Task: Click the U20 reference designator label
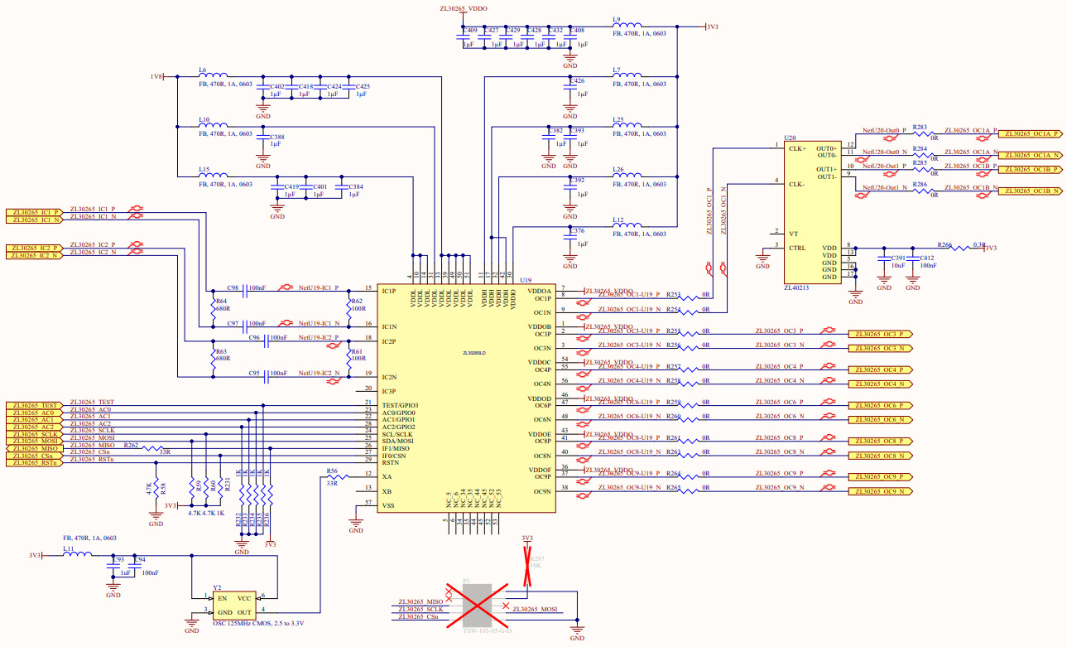pos(790,139)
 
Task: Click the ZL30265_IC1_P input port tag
pos(32,212)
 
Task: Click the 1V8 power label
pos(156,76)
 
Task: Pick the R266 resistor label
pos(944,245)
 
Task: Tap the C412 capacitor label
pos(926,258)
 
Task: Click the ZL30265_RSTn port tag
pos(32,463)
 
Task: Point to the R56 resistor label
pos(331,470)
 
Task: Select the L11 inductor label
pos(68,548)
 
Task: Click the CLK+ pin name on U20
pos(797,148)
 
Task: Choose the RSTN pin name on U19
pos(392,463)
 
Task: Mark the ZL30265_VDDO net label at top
pos(464,7)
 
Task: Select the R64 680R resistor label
pos(220,305)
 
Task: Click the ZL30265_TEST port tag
pos(32,405)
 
